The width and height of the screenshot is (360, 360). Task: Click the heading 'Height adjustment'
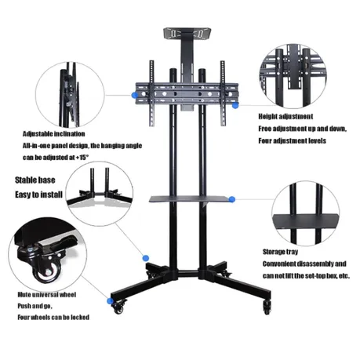(x=285, y=117)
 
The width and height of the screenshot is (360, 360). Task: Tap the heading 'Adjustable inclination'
(x=54, y=134)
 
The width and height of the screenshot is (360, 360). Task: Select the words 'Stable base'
(x=35, y=180)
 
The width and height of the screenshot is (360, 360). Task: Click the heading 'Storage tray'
(x=280, y=252)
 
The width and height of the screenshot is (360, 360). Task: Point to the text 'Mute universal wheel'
(x=47, y=295)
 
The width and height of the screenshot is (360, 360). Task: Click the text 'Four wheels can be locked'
(x=53, y=318)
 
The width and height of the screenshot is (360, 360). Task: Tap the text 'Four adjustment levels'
(x=293, y=141)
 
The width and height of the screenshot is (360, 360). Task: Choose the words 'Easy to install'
(x=38, y=195)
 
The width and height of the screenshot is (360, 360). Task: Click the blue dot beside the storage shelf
(x=232, y=199)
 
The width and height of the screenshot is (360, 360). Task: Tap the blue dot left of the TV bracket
(x=135, y=96)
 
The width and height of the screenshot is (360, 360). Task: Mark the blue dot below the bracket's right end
(x=235, y=105)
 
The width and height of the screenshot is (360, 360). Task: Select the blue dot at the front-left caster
(x=111, y=301)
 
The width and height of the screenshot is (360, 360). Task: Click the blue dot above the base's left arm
(x=146, y=258)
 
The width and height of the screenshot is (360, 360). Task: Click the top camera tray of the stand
(x=187, y=34)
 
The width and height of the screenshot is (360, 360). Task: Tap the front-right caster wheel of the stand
(x=267, y=307)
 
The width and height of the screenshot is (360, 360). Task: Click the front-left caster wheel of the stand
(x=118, y=308)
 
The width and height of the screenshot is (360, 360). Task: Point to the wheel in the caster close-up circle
(x=48, y=271)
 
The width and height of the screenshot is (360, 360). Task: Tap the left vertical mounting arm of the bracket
(x=151, y=93)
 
